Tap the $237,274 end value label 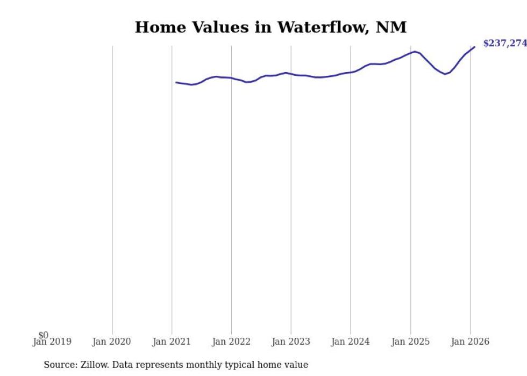pyautogui.click(x=504, y=44)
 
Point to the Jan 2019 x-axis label pyautogui.click(x=52, y=342)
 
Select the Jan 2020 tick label pyautogui.click(x=112, y=342)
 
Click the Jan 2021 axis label pyautogui.click(x=172, y=342)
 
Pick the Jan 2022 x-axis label pyautogui.click(x=231, y=342)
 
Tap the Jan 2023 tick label pyautogui.click(x=291, y=342)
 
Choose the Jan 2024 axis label pyautogui.click(x=351, y=342)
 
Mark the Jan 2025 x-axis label pyautogui.click(x=410, y=342)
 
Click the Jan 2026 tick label pyautogui.click(x=470, y=342)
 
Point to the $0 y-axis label pyautogui.click(x=43, y=335)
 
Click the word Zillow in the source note pyautogui.click(x=93, y=365)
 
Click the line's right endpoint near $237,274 pyautogui.click(x=474, y=47)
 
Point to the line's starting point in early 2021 pyautogui.click(x=176, y=82)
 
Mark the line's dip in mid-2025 pyautogui.click(x=445, y=74)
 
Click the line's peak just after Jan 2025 pyautogui.click(x=415, y=51)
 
